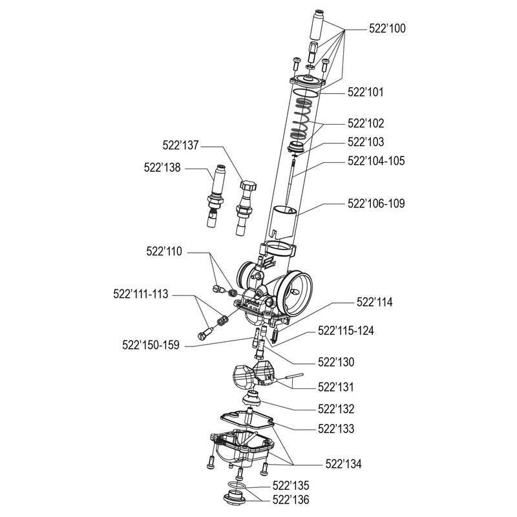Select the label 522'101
[x=366, y=92]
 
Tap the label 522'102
[x=366, y=122]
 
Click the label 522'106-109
[x=376, y=203]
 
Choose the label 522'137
[x=181, y=147]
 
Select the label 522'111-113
[x=138, y=293]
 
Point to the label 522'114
[x=375, y=302]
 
